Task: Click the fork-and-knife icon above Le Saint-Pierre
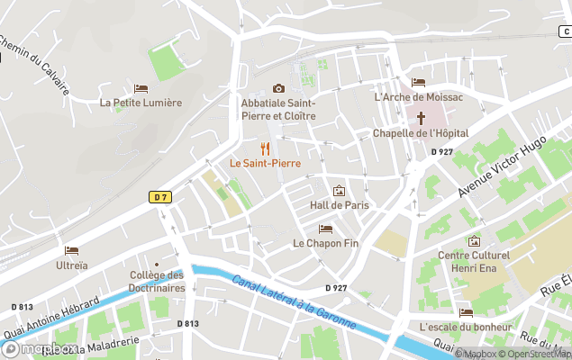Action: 264,148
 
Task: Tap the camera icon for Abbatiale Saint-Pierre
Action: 278,88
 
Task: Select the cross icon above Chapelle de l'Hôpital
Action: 421,118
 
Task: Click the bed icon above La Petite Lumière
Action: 141,88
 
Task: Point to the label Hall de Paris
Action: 339,205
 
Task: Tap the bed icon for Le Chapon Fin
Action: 325,229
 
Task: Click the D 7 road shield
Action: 159,196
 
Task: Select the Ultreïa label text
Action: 72,265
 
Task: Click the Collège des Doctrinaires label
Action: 157,282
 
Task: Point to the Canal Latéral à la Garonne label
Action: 294,301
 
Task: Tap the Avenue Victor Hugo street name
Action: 502,166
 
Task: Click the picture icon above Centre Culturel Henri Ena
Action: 474,241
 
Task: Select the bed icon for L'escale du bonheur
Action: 466,312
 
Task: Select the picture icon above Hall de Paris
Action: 339,191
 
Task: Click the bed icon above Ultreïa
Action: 72,251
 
